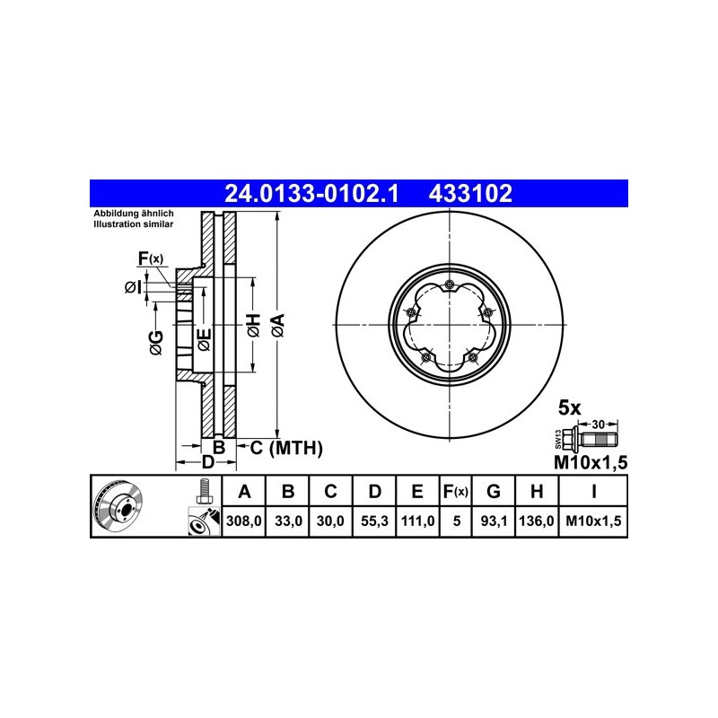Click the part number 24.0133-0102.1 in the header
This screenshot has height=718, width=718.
point(311,194)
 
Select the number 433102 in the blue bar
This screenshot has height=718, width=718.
point(470,194)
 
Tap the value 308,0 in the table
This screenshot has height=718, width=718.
point(243,521)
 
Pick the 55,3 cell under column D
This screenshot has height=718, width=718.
point(374,521)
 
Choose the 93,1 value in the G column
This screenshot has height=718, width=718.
point(493,521)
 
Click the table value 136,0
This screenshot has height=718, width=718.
point(537,521)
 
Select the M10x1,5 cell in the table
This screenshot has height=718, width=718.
point(593,521)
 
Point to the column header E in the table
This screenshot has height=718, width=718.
point(417,491)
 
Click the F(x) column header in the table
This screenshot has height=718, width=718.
point(456,492)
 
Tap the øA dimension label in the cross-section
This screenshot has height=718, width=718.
point(278,326)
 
